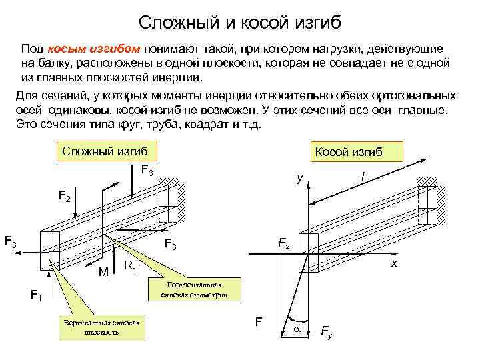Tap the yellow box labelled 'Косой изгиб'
pyautogui.click(x=348, y=152)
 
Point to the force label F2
pyautogui.click(x=65, y=197)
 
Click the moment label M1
pyautogui.click(x=105, y=271)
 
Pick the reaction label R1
pyautogui.click(x=131, y=267)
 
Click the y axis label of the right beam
pyautogui.click(x=300, y=179)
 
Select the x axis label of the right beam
pyautogui.click(x=394, y=265)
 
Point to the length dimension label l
pyautogui.click(x=362, y=175)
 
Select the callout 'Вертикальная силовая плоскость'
pyautogui.click(x=101, y=327)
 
